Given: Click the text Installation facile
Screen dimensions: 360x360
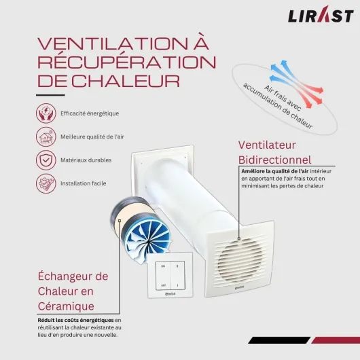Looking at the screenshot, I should coord(84,183).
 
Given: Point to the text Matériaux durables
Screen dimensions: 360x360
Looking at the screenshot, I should coord(86,160).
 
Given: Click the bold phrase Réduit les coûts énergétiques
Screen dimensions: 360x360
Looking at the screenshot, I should coord(75,319).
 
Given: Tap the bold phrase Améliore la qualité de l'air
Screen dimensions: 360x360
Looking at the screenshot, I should coord(276,172).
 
